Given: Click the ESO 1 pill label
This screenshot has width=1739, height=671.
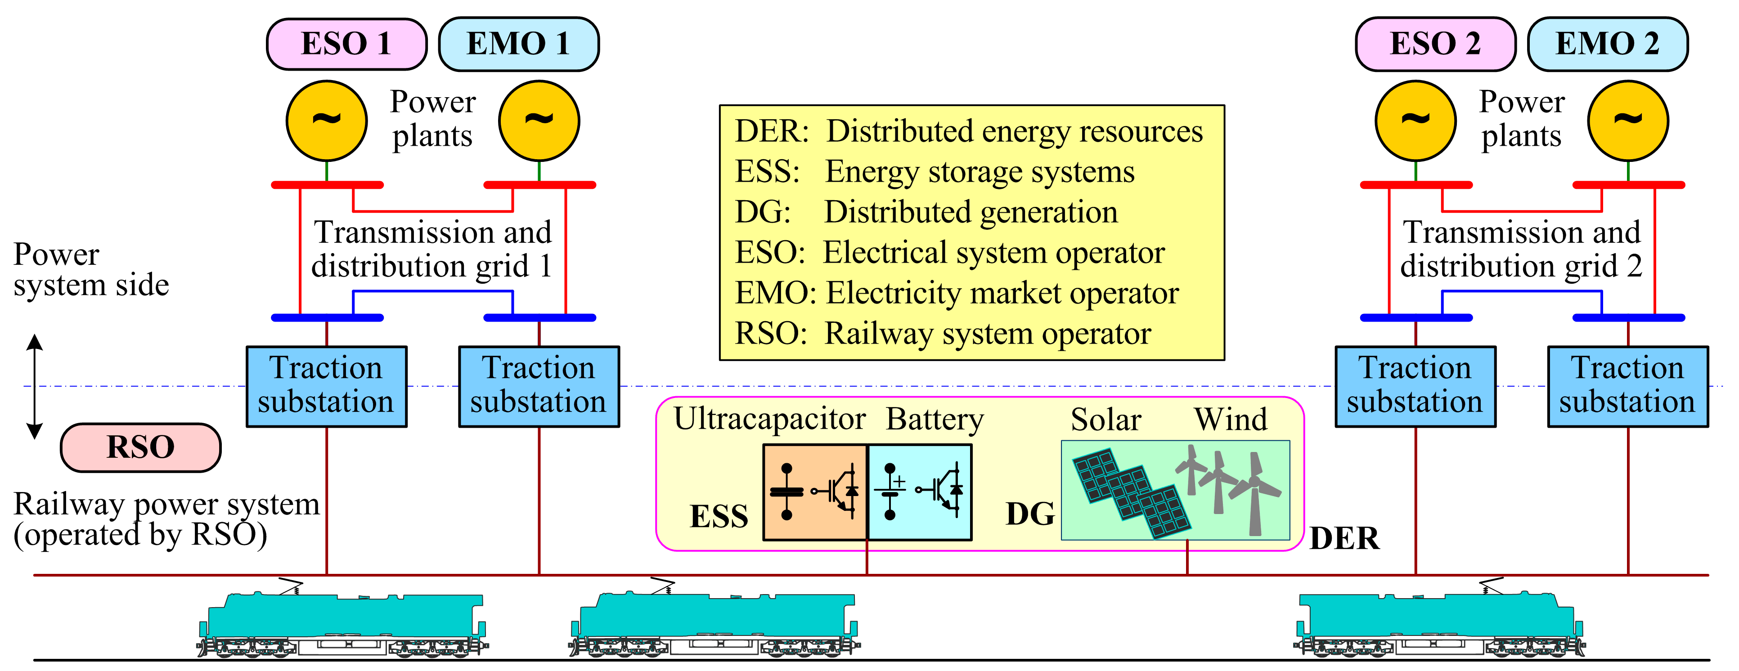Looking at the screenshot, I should (x=346, y=45).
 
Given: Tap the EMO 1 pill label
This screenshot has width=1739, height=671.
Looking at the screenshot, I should (x=518, y=45).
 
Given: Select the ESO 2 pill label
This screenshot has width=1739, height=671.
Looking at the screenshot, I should (x=1435, y=45).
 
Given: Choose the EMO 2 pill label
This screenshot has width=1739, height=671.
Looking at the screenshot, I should (x=1607, y=45).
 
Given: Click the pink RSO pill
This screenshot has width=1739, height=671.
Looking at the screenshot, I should (x=140, y=447).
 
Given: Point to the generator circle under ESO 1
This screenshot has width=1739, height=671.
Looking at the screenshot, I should (x=327, y=121).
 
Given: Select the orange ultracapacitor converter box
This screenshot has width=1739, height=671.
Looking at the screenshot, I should (x=815, y=492).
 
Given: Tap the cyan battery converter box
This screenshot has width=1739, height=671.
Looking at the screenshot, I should (x=920, y=492).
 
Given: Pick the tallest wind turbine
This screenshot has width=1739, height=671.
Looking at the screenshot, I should (x=1254, y=493).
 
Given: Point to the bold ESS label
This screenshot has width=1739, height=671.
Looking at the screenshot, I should (x=719, y=516).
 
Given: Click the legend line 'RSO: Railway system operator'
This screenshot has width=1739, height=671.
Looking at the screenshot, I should (x=943, y=333).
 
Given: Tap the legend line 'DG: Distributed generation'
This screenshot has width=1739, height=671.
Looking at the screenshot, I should (x=926, y=212).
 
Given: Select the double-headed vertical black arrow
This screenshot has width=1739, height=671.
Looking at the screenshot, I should (x=35, y=387).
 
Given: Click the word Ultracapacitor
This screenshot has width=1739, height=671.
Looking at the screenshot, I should (x=769, y=419).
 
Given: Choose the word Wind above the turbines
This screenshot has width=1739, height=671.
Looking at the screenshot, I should (x=1231, y=419).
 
